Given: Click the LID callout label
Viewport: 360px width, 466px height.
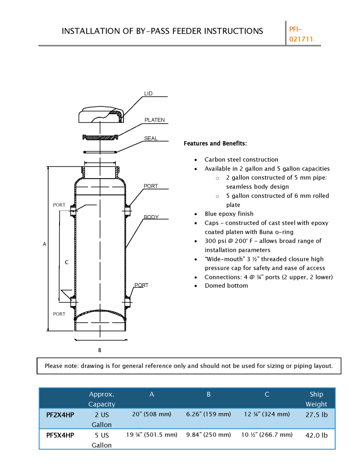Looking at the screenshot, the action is click(148, 93).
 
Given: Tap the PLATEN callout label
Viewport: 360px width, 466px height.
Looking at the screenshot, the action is click(155, 120).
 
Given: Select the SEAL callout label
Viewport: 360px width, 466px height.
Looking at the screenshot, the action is click(151, 138).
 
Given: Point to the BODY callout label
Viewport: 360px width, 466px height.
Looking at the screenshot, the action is click(151, 217).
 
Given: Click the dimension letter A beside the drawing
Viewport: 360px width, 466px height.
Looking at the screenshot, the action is click(45, 244).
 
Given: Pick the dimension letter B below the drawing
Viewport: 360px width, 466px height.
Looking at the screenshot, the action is click(100, 350).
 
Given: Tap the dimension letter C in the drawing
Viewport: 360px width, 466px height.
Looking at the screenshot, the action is click(67, 262).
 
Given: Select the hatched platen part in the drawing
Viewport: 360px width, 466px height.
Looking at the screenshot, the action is click(100, 137).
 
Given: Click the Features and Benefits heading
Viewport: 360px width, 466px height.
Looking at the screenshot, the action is click(215, 143).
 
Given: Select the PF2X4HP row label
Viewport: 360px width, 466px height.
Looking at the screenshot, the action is click(60, 415).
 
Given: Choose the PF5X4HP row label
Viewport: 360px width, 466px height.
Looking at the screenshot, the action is click(60, 436).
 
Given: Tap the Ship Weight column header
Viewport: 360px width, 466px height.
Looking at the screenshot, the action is click(316, 399).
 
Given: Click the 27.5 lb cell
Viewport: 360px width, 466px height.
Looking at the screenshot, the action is click(316, 414).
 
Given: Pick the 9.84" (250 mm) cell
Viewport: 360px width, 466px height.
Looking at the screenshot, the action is click(209, 435).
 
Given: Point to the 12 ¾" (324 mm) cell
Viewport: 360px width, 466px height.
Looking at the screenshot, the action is click(267, 414).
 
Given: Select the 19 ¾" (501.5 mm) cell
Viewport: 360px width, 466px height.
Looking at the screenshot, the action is click(151, 435).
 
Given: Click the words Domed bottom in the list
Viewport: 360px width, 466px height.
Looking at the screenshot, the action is click(226, 286).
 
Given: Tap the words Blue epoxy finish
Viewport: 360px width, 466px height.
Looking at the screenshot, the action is click(229, 214).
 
